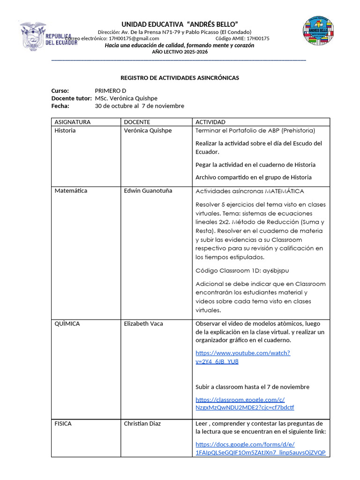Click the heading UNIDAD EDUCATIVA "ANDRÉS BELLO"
tap(180, 24)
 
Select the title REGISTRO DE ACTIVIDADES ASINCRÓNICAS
tap(180, 78)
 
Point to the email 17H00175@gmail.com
tap(134, 38)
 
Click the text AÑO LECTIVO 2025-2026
tap(180, 52)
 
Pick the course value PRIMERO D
tap(110, 90)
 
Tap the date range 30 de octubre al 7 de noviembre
tap(139, 106)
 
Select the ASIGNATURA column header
tap(73, 122)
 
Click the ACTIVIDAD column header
tap(210, 122)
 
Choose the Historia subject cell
tap(65, 130)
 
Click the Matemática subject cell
tap(71, 190)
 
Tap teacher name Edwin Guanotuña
tap(148, 190)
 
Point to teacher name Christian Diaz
tap(142, 423)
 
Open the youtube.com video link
tap(242, 357)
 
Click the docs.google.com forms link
tap(260, 448)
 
